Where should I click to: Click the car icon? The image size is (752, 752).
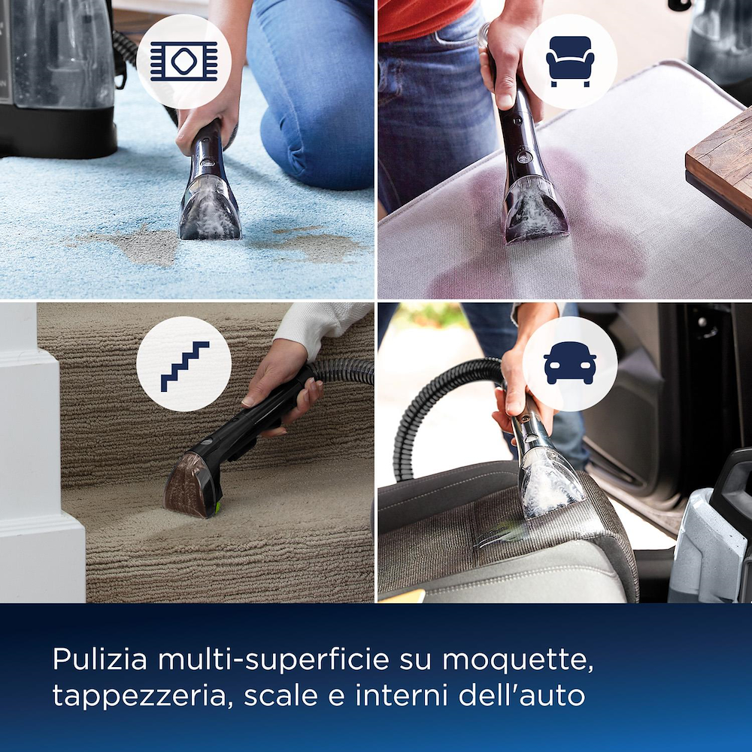(x=569, y=364)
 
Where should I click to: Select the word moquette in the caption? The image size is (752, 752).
(x=517, y=660)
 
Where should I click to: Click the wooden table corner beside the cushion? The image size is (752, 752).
(x=718, y=162)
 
